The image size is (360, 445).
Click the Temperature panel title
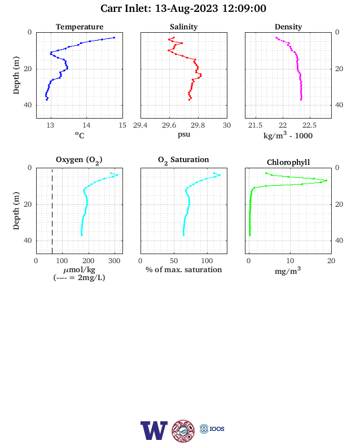(80, 27)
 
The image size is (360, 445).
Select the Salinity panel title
(184, 27)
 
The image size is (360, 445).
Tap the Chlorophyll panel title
(288, 162)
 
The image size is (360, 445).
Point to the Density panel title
(288, 27)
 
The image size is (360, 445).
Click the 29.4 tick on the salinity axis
(141, 125)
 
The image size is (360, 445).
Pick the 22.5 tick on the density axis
(309, 125)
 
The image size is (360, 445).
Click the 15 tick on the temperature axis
(122, 125)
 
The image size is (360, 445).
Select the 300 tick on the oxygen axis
(114, 261)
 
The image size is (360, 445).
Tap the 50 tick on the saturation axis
(174, 261)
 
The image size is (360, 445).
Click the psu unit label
(184, 134)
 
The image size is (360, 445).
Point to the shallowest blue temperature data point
(114, 37)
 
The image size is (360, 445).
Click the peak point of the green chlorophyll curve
(326, 181)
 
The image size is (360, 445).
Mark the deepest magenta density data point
(301, 99)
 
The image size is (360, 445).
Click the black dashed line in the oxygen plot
(52, 211)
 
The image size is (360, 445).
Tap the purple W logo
(154, 430)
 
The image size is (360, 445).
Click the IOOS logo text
(217, 429)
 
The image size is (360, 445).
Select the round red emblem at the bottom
(183, 431)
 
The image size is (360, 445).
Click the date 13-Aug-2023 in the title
(187, 8)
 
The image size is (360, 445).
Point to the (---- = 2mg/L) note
(79, 277)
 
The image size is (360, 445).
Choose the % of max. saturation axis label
(184, 269)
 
